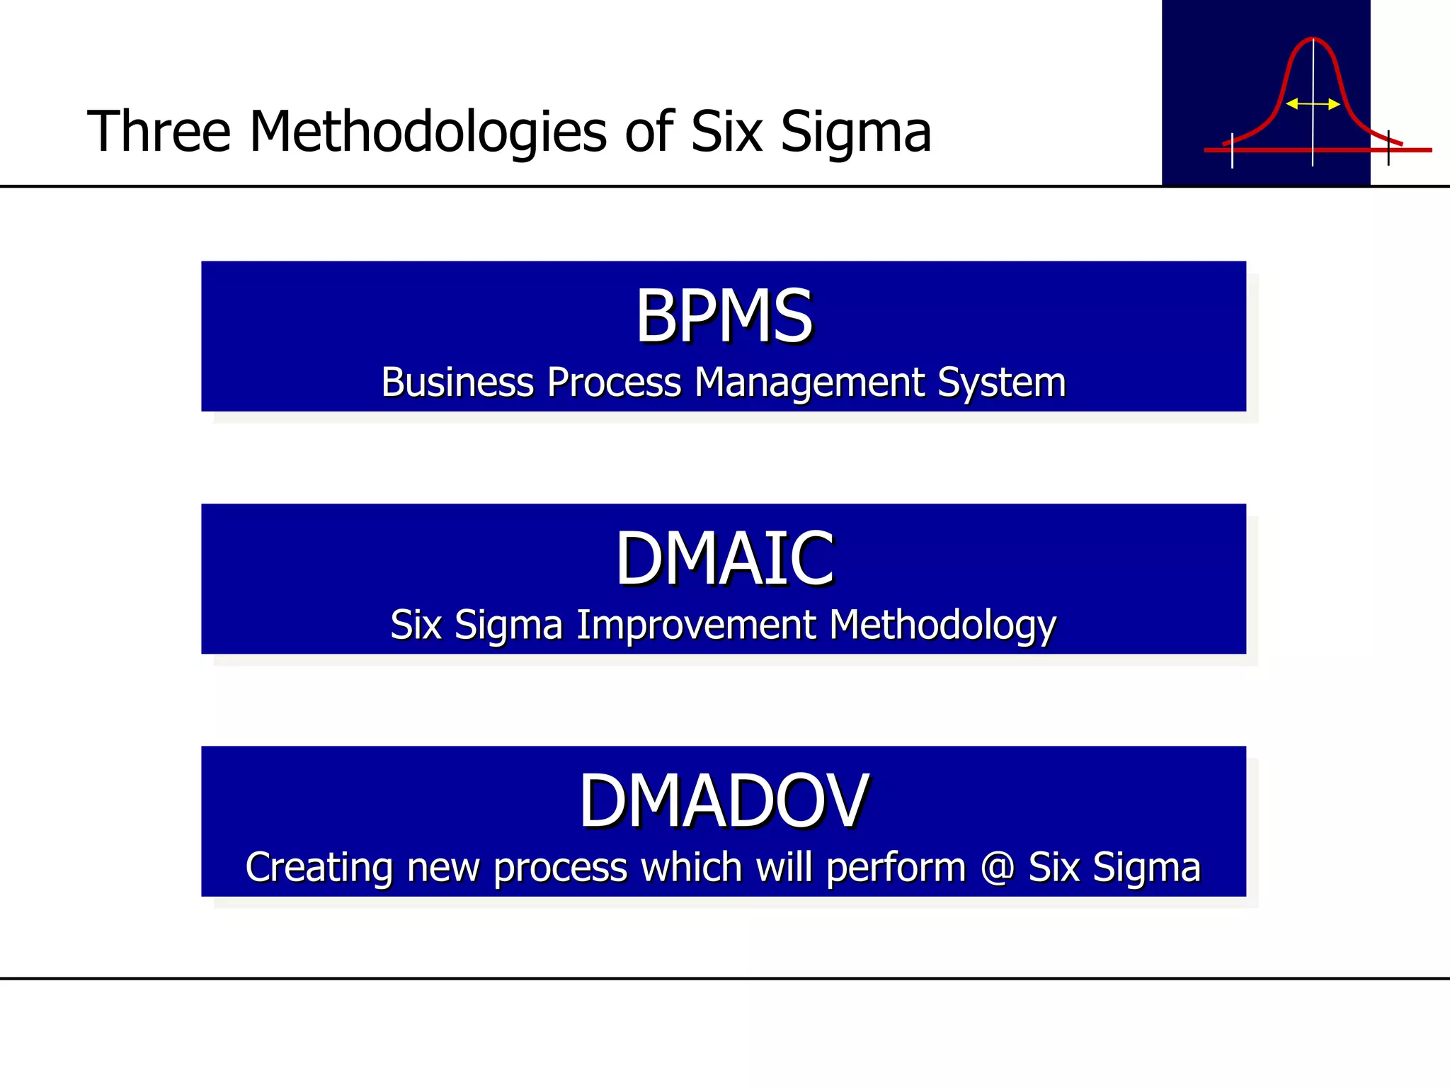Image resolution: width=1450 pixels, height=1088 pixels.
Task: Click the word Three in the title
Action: (x=159, y=132)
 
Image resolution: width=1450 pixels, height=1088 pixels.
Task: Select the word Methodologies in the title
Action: (x=428, y=132)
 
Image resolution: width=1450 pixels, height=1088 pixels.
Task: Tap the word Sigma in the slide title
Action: (x=855, y=132)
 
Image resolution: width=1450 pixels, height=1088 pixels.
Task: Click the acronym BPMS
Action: (x=724, y=316)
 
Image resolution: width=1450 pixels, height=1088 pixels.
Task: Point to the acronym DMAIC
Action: (x=724, y=559)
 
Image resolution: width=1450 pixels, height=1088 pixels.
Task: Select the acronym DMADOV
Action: (x=724, y=801)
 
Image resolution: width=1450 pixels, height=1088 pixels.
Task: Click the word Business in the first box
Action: (x=457, y=382)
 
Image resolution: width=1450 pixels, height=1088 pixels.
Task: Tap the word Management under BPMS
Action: (x=810, y=382)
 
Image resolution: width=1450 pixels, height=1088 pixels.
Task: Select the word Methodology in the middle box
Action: (x=942, y=625)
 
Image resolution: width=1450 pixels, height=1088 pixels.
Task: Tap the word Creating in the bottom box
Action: (x=318, y=867)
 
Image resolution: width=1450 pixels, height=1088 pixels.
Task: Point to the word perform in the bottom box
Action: (x=896, y=867)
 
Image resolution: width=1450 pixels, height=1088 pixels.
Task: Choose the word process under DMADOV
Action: (x=560, y=867)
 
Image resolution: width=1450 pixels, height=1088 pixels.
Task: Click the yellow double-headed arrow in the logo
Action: (x=1313, y=104)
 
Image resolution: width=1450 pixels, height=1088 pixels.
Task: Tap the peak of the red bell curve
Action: (x=1313, y=38)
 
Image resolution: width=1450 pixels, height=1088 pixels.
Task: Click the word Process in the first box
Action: (x=614, y=382)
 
